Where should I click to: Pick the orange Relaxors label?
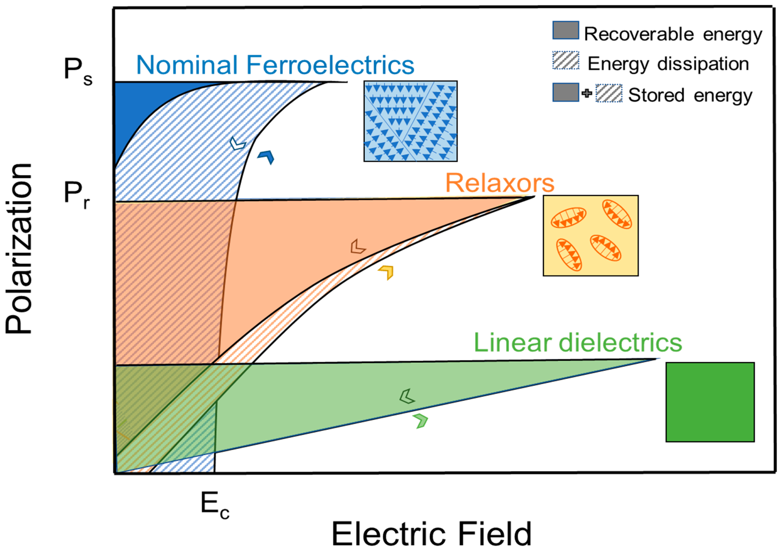click(x=500, y=183)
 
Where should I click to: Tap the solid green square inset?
click(x=710, y=402)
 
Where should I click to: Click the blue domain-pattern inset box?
click(x=410, y=121)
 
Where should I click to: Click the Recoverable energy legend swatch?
click(x=565, y=30)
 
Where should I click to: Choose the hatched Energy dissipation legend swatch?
click(x=565, y=60)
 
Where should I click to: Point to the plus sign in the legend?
click(x=587, y=93)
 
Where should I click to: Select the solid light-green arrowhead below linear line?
click(x=421, y=421)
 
